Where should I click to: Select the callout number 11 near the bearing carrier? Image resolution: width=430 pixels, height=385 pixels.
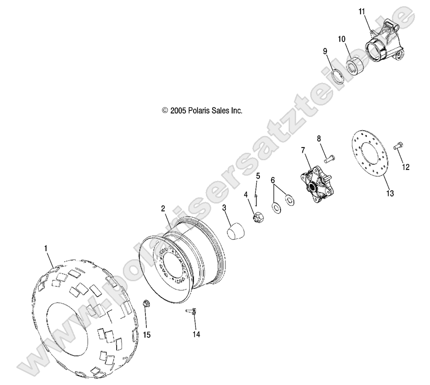(x=362, y=11)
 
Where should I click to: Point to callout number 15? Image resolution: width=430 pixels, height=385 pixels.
(x=146, y=335)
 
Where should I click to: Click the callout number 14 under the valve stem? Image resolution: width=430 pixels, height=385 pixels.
(x=196, y=335)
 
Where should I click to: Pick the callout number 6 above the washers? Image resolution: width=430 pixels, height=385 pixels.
(x=273, y=180)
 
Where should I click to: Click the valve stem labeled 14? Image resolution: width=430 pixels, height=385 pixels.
(x=191, y=311)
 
